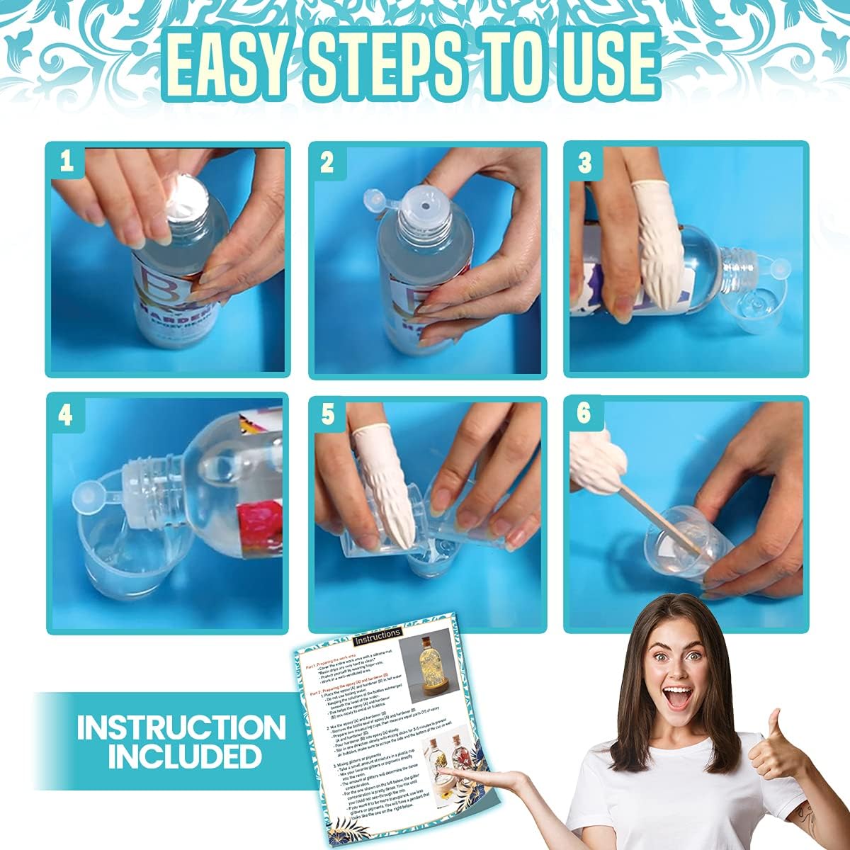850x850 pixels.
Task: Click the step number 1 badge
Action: point(67,162)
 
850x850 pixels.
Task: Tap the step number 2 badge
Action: point(327,162)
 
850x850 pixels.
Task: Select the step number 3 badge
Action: point(584,162)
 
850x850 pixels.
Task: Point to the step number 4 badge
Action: point(66,415)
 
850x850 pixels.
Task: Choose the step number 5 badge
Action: point(327,415)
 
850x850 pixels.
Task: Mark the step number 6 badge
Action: point(584,413)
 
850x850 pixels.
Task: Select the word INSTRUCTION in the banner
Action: point(181,727)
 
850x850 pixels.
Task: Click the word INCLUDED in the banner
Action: point(184,756)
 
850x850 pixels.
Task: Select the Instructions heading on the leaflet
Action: point(378,633)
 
